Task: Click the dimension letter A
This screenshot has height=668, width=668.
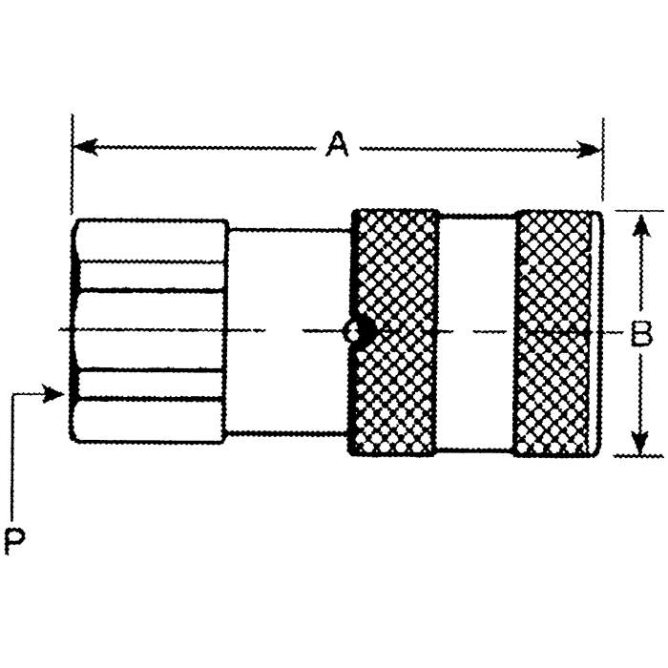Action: (x=336, y=146)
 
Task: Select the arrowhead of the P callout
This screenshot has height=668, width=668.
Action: (x=57, y=393)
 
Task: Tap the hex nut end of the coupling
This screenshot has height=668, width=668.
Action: (x=150, y=329)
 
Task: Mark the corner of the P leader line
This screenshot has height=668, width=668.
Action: (x=14, y=393)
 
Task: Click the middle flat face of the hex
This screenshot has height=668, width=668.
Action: (x=150, y=329)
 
